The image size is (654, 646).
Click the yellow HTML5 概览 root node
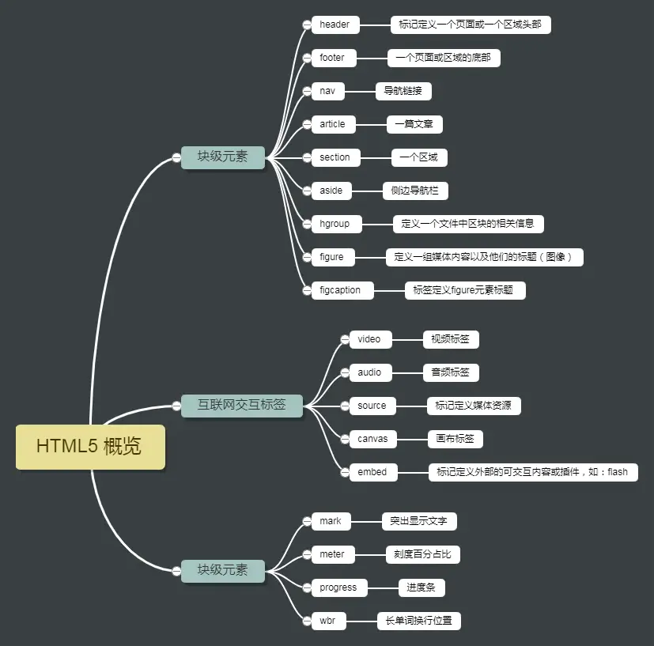[90, 447]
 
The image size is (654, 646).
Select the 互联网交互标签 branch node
[241, 406]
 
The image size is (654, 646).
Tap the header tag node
[335, 25]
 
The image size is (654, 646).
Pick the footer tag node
[333, 58]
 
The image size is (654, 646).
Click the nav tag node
[327, 91]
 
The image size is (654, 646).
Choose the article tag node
[333, 124]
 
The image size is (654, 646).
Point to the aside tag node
[331, 191]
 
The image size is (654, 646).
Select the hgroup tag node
[335, 224]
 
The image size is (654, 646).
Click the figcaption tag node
[341, 290]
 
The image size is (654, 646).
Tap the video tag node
[369, 339]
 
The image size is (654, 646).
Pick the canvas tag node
[372, 439]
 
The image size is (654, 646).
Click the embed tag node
[372, 472]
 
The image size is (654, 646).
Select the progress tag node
[338, 587]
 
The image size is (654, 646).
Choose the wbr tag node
[327, 621]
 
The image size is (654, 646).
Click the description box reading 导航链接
[403, 91]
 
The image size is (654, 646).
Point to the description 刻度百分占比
[422, 554]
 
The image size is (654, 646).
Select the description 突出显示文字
[419, 521]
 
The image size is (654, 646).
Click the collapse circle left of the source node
[344, 406]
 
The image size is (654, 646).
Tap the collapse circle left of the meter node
[307, 554]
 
